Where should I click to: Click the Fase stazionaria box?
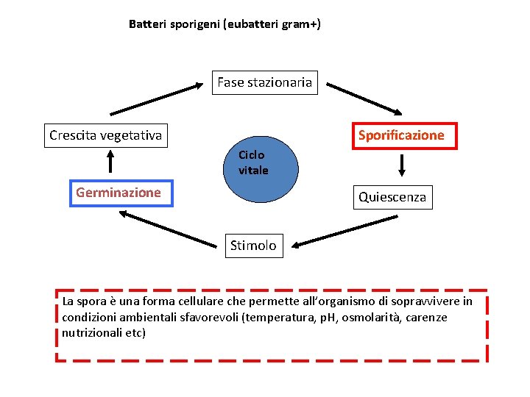264,82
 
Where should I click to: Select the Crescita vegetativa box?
105,135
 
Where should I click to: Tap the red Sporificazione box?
400,135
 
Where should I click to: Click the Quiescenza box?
392,197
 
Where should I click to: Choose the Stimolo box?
253,245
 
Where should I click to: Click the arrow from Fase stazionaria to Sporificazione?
364,98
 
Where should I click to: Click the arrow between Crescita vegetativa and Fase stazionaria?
156,99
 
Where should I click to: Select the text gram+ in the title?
300,24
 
